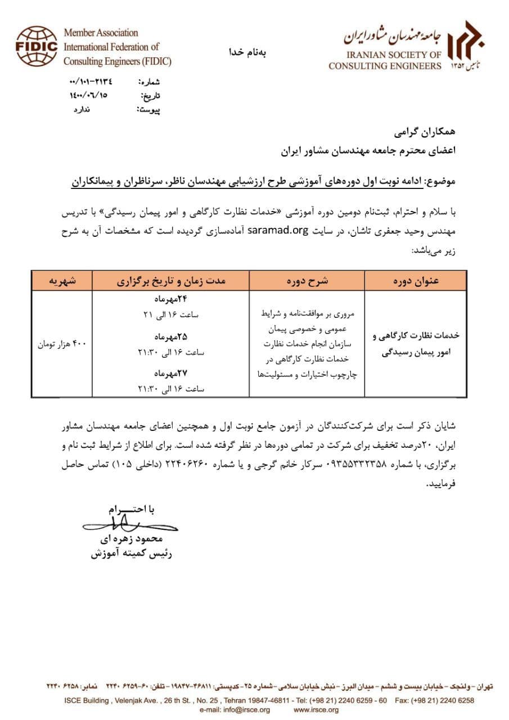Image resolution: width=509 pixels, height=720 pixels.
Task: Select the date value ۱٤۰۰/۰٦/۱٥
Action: point(88,96)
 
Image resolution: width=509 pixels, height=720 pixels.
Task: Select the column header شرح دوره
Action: point(307,280)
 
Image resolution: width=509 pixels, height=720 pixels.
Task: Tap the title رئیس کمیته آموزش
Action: point(131,554)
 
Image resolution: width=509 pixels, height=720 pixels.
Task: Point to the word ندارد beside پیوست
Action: point(82,109)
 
